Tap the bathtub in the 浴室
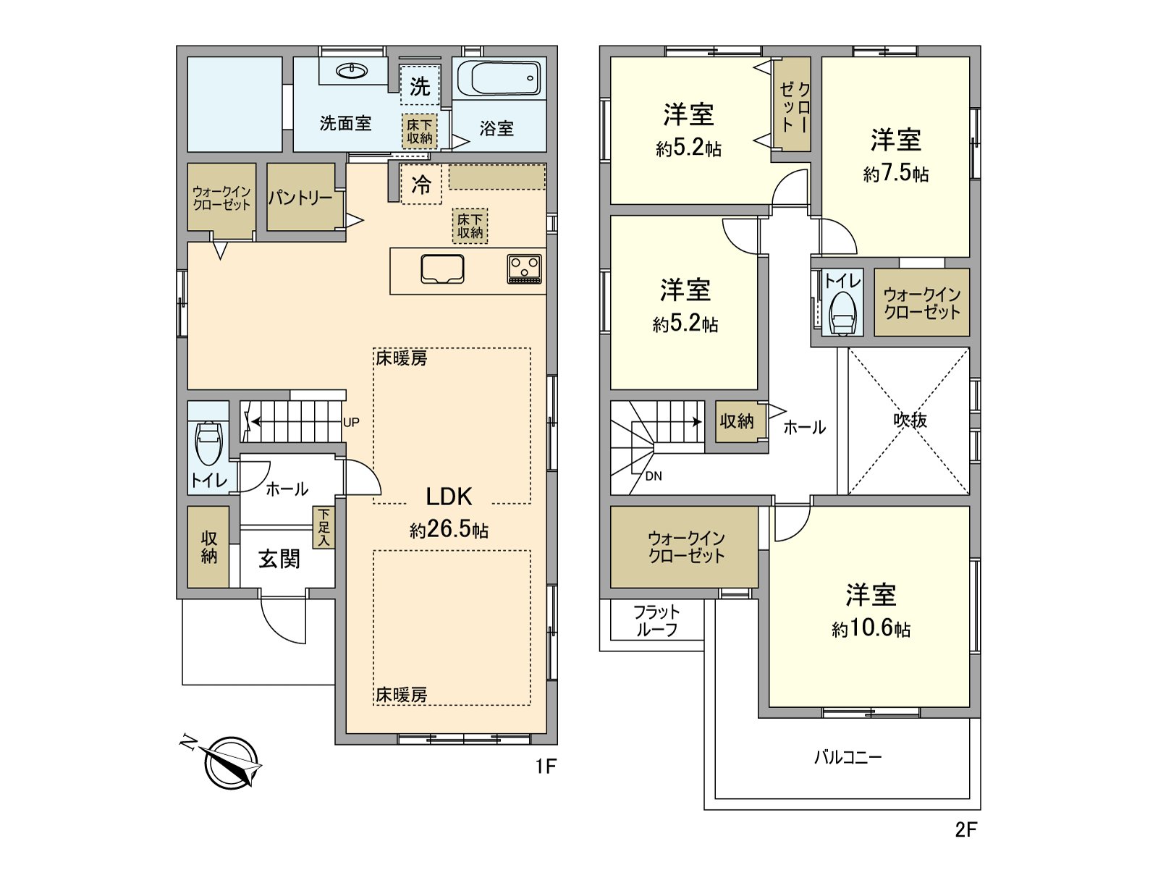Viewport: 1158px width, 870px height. (499, 78)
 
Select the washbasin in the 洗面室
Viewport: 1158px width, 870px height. (352, 70)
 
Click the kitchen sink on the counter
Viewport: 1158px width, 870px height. (442, 269)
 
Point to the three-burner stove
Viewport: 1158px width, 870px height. (525, 269)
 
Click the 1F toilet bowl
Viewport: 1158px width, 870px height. (209, 442)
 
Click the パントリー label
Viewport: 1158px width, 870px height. (300, 198)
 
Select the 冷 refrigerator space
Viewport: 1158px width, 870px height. (421, 184)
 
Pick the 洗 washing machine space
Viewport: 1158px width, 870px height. (419, 85)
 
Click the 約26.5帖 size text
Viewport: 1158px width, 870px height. (449, 529)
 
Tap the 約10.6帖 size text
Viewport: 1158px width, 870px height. (871, 628)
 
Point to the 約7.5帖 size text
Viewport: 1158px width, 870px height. (896, 173)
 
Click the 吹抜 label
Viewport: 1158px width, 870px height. (910, 420)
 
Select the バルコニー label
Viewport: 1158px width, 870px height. (848, 758)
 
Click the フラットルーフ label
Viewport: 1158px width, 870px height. (657, 621)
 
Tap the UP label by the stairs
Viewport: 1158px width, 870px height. (351, 422)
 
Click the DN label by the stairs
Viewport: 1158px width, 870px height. (653, 476)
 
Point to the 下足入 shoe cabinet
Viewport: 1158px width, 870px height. (324, 528)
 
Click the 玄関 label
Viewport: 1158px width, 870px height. (279, 559)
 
